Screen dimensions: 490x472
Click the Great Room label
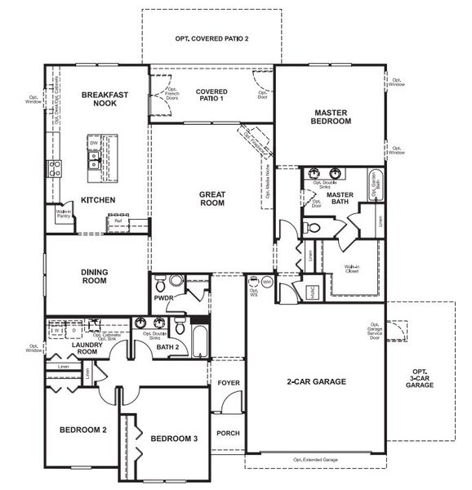tap(212, 198)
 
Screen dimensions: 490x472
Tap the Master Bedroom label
tap(332, 116)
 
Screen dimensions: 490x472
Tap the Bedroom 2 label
tap(82, 430)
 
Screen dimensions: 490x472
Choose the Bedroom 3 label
tap(174, 439)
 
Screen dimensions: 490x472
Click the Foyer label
tap(227, 382)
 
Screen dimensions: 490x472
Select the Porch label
tap(227, 434)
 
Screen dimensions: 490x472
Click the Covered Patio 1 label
tap(211, 95)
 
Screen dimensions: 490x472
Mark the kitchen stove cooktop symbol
tap(56, 169)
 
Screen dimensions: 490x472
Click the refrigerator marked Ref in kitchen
tap(118, 220)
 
